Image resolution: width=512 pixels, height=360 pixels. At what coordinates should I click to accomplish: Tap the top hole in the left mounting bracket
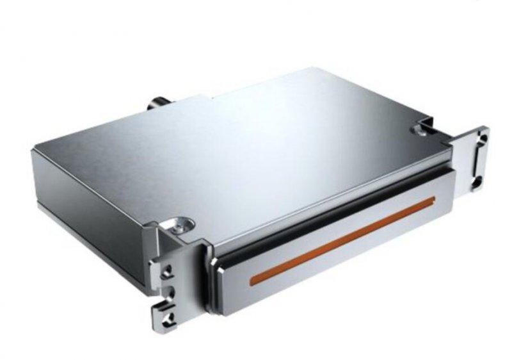pyautogui.click(x=167, y=268)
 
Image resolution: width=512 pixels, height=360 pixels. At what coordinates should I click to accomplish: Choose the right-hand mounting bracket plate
pyautogui.click(x=472, y=160)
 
